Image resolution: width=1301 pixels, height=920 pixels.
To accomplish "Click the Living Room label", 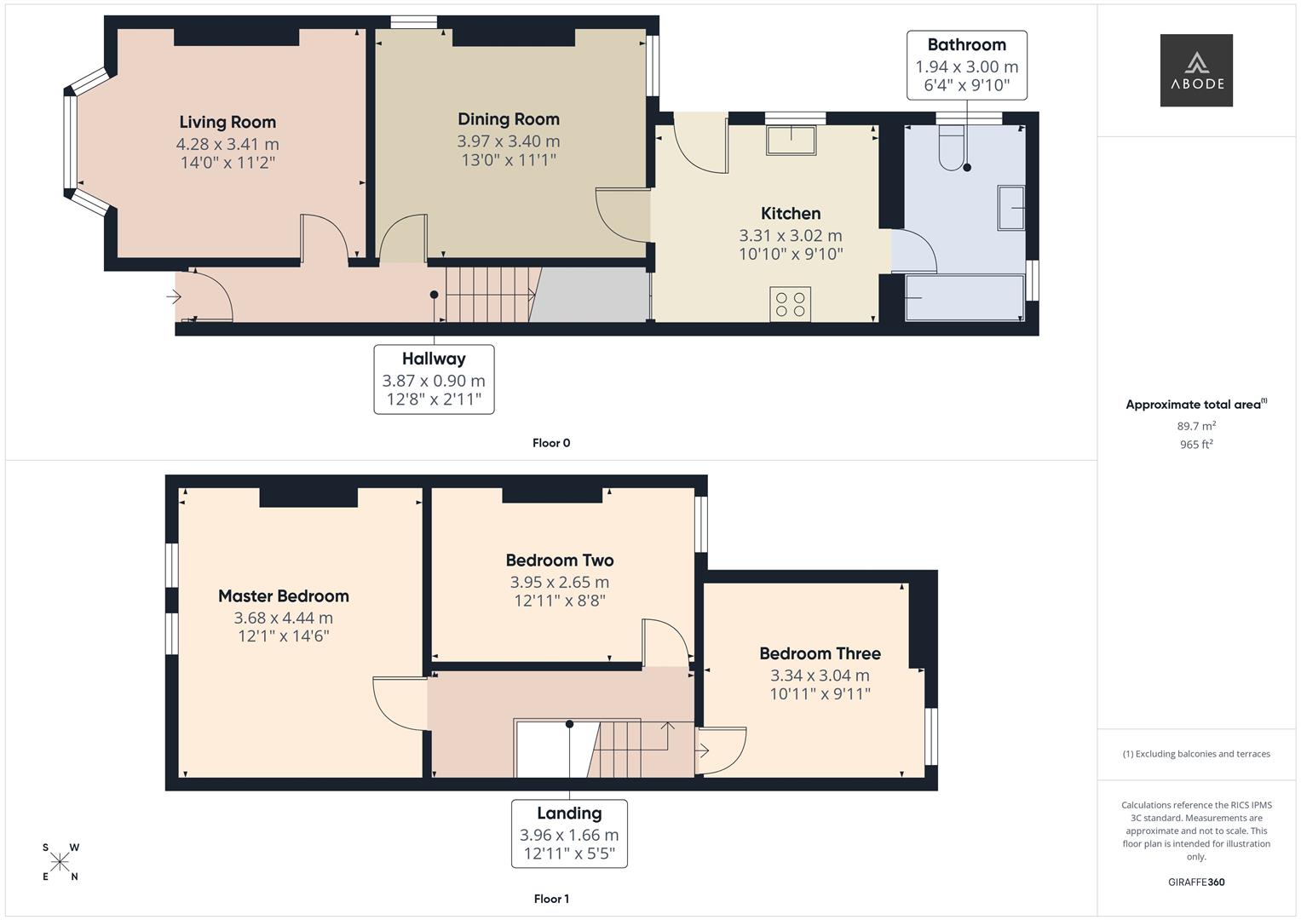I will tap(227, 122).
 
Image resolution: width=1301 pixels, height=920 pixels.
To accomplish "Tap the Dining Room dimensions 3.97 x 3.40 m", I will tap(509, 141).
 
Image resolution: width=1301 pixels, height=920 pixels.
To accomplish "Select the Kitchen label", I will tap(791, 214).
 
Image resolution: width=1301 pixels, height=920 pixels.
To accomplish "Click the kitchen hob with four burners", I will tap(790, 304).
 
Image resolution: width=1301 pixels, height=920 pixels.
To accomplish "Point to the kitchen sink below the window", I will tap(791, 140).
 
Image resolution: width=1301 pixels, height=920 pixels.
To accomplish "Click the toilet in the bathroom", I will tap(951, 149).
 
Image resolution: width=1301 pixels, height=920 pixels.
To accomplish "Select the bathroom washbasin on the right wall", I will tap(1011, 207).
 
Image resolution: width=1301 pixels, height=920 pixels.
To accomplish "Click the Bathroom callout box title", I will tap(966, 45).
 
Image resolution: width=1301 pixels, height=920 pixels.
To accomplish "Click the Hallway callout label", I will tap(434, 359).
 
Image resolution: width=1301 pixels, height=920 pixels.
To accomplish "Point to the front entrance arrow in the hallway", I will tap(174, 296).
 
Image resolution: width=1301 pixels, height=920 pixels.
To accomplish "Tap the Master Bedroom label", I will tap(284, 596).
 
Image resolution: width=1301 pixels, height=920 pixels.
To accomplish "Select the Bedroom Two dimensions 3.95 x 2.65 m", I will tap(560, 583).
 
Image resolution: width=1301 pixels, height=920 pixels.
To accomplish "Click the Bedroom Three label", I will tap(820, 653).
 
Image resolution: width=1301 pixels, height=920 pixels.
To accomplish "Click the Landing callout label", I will tap(569, 814).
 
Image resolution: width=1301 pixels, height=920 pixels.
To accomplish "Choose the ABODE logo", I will tap(1196, 70).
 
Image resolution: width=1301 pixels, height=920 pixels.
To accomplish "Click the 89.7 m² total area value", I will tap(1196, 426).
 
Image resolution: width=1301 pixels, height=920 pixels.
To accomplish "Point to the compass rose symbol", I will tap(60, 862).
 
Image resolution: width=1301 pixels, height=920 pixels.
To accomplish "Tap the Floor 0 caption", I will tap(551, 443).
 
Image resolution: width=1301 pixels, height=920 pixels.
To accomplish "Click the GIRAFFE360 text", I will tap(1196, 883).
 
